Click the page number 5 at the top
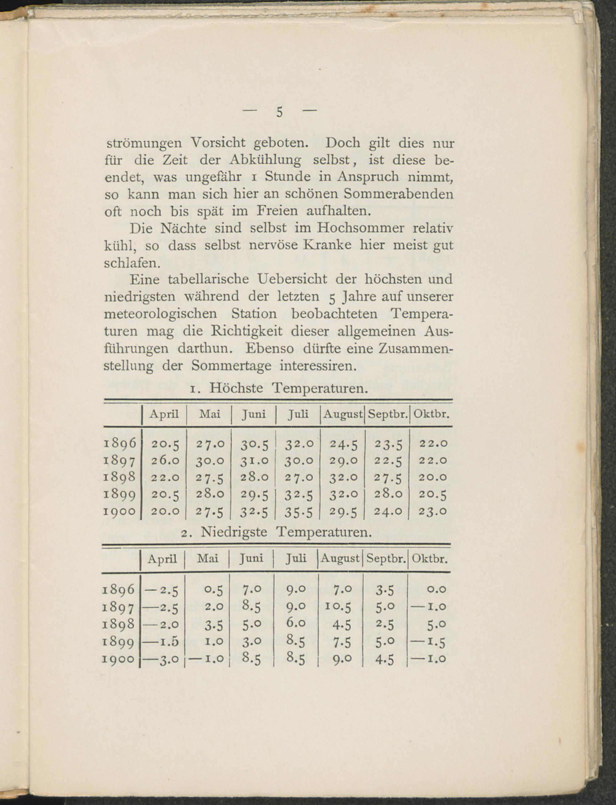coord(279,112)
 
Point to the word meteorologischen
coord(160,314)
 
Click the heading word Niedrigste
coord(234,532)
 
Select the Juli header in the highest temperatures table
coord(298,414)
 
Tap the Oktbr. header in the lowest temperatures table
coord(429,559)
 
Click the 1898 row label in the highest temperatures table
coord(120,478)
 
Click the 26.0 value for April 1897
coord(165,461)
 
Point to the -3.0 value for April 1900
coord(163,659)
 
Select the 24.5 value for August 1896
coord(343,444)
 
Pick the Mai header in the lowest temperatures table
coord(208,559)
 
